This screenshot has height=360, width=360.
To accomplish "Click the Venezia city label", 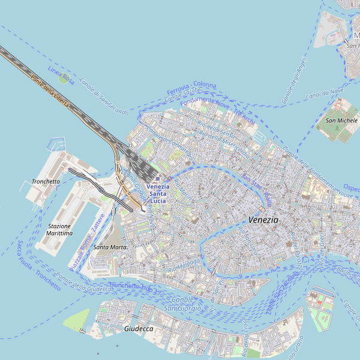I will click(263, 220).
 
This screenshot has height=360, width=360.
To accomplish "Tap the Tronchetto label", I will click(46, 181).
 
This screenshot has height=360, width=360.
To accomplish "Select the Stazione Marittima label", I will click(59, 229).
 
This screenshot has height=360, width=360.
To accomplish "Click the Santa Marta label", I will click(110, 247).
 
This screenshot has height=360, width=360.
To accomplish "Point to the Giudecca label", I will click(139, 329).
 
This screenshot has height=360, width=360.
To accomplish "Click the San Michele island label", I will click(341, 120).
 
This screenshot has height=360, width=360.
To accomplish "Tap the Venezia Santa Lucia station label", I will click(158, 194).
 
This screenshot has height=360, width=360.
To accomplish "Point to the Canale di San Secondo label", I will click(103, 97).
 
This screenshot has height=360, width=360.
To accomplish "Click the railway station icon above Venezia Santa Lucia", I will click(157, 179).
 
